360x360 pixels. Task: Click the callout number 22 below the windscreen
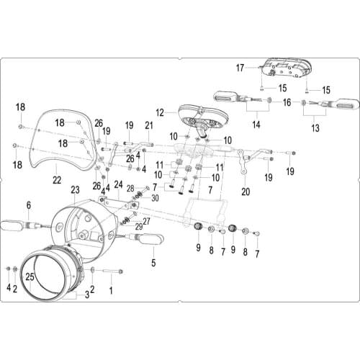pyautogui.click(x=57, y=180)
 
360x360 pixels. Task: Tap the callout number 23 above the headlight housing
pyautogui.click(x=75, y=190)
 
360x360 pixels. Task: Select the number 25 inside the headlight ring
pyautogui.click(x=30, y=277)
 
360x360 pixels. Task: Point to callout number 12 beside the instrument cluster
pyautogui.click(x=160, y=112)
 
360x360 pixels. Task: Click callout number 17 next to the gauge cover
pyautogui.click(x=240, y=68)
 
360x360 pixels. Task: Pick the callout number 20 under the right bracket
pyautogui.click(x=246, y=192)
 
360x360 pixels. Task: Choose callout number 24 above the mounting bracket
pyautogui.click(x=119, y=184)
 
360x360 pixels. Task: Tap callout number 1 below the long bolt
pyautogui.click(x=111, y=290)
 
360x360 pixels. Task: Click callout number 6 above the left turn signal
pyautogui.click(x=29, y=205)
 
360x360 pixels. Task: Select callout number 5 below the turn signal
pyautogui.click(x=153, y=263)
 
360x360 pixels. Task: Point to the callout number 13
pyautogui.click(x=315, y=128)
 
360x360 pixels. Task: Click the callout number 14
pyautogui.click(x=256, y=125)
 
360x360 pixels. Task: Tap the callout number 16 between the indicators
pyautogui.click(x=287, y=102)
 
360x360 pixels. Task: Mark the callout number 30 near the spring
pyautogui.click(x=155, y=198)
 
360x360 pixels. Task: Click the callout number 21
pyautogui.click(x=149, y=125)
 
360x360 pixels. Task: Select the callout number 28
pyautogui.click(x=130, y=189)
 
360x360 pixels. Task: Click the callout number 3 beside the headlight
pyautogui.click(x=87, y=294)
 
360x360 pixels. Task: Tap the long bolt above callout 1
pyautogui.click(x=113, y=271)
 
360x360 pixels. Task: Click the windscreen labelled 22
pyautogui.click(x=63, y=141)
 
